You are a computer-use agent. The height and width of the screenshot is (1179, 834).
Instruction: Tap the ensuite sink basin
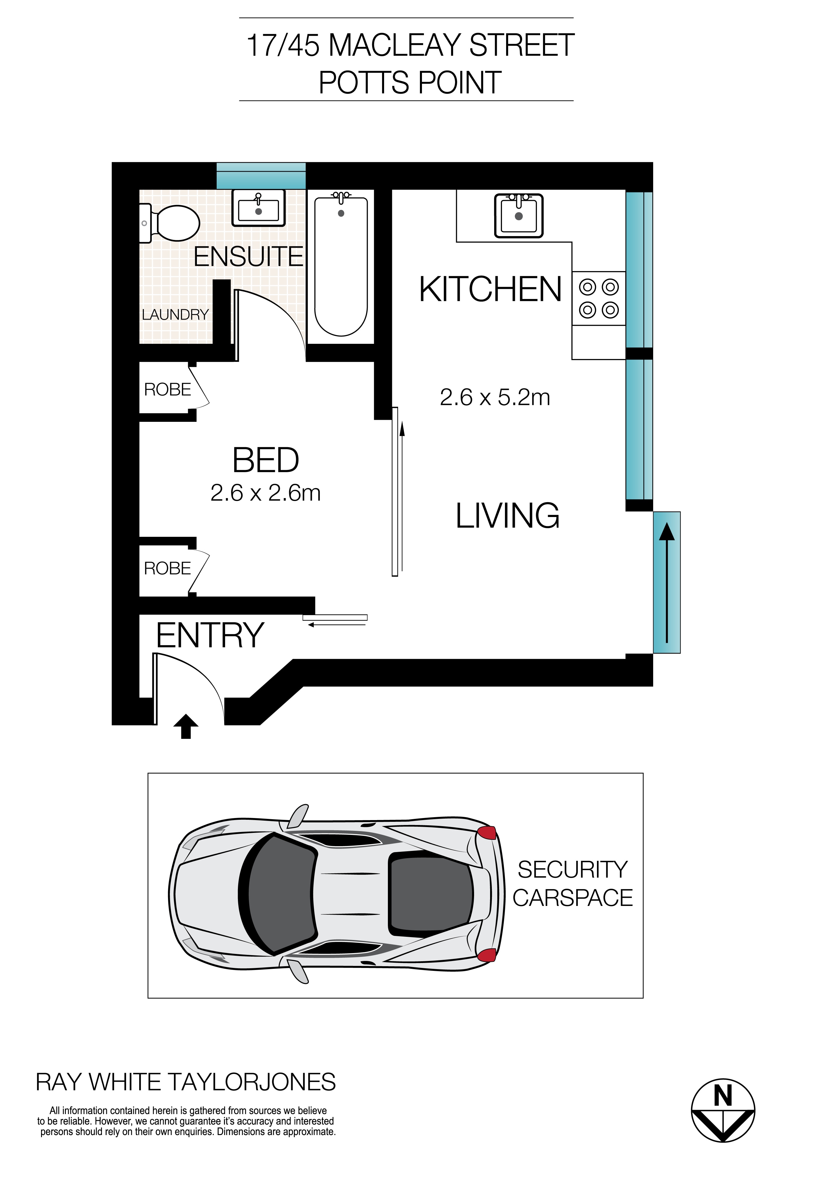[x=258, y=208]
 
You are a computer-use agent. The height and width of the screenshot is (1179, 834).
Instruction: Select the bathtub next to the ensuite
[x=341, y=266]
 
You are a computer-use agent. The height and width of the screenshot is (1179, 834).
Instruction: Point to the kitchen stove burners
[x=599, y=298]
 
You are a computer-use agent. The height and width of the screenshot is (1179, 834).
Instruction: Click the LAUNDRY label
[x=175, y=314]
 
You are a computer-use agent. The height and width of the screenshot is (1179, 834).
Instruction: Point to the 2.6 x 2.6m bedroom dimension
[x=266, y=493]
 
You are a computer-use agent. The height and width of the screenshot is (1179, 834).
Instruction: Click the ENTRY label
[x=210, y=635]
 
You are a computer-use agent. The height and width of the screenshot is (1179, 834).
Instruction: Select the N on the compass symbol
[x=722, y=1097]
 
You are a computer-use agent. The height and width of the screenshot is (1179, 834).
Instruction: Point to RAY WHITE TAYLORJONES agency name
[x=186, y=1082]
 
